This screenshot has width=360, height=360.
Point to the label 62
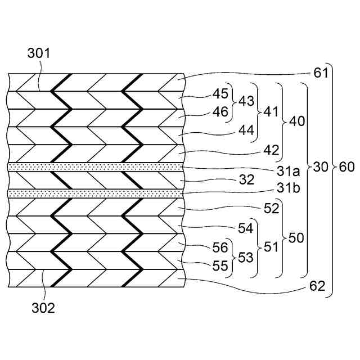coord(317,286)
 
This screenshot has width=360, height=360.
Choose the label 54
coord(246,228)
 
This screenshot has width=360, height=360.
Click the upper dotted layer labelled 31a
coord(96,167)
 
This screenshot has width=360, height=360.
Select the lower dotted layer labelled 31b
coord(96,193)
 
